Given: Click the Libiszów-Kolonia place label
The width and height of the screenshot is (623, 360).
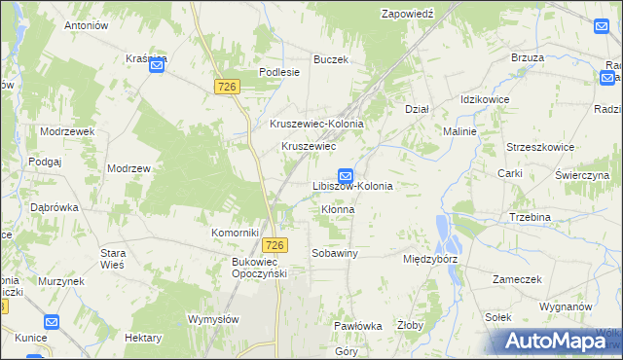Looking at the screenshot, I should [x=352, y=185].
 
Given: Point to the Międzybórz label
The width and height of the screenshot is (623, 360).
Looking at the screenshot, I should [x=429, y=261].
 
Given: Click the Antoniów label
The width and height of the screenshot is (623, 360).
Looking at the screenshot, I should [x=86, y=25].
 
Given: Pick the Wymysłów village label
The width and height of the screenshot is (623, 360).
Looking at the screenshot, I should [x=214, y=319].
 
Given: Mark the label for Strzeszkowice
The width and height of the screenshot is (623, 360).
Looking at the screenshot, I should [x=537, y=147].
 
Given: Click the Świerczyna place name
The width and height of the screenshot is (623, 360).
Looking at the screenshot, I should [x=581, y=175].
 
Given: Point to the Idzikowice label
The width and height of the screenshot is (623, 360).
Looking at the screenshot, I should [x=487, y=100].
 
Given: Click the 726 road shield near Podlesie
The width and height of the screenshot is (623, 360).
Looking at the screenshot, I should [x=227, y=88].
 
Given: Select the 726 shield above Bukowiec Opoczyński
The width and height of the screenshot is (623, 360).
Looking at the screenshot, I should [x=276, y=244].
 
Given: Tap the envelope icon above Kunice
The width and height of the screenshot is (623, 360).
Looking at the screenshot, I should [x=52, y=322].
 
